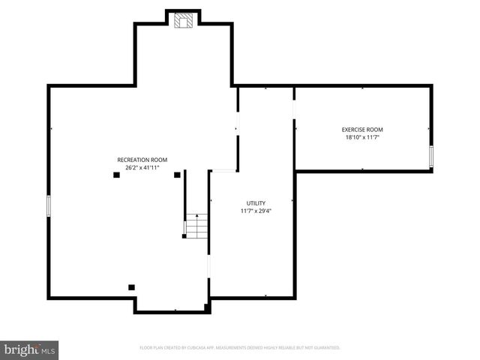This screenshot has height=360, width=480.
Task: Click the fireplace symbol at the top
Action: (x=184, y=21)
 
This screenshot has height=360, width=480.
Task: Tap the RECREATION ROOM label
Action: (x=142, y=160)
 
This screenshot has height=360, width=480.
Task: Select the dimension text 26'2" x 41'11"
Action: (x=142, y=168)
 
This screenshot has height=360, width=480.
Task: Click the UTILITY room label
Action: (x=256, y=203)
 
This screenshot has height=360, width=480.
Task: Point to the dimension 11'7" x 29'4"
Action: (x=256, y=211)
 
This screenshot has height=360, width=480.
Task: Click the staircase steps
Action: (x=196, y=226)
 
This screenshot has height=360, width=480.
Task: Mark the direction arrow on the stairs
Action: (x=196, y=217)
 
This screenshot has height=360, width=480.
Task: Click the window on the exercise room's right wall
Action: (x=431, y=156)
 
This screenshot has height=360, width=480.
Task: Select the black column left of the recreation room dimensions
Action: (x=116, y=175)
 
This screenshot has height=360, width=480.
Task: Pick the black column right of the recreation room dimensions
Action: (x=178, y=175)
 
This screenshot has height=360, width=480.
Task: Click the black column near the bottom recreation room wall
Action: (x=131, y=286)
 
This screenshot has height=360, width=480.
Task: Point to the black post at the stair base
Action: (x=184, y=237)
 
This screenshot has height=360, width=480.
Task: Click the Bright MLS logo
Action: (x=30, y=349)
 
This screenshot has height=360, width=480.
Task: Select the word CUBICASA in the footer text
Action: (x=202, y=348)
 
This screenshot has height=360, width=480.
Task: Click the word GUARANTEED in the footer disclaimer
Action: (x=324, y=348)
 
